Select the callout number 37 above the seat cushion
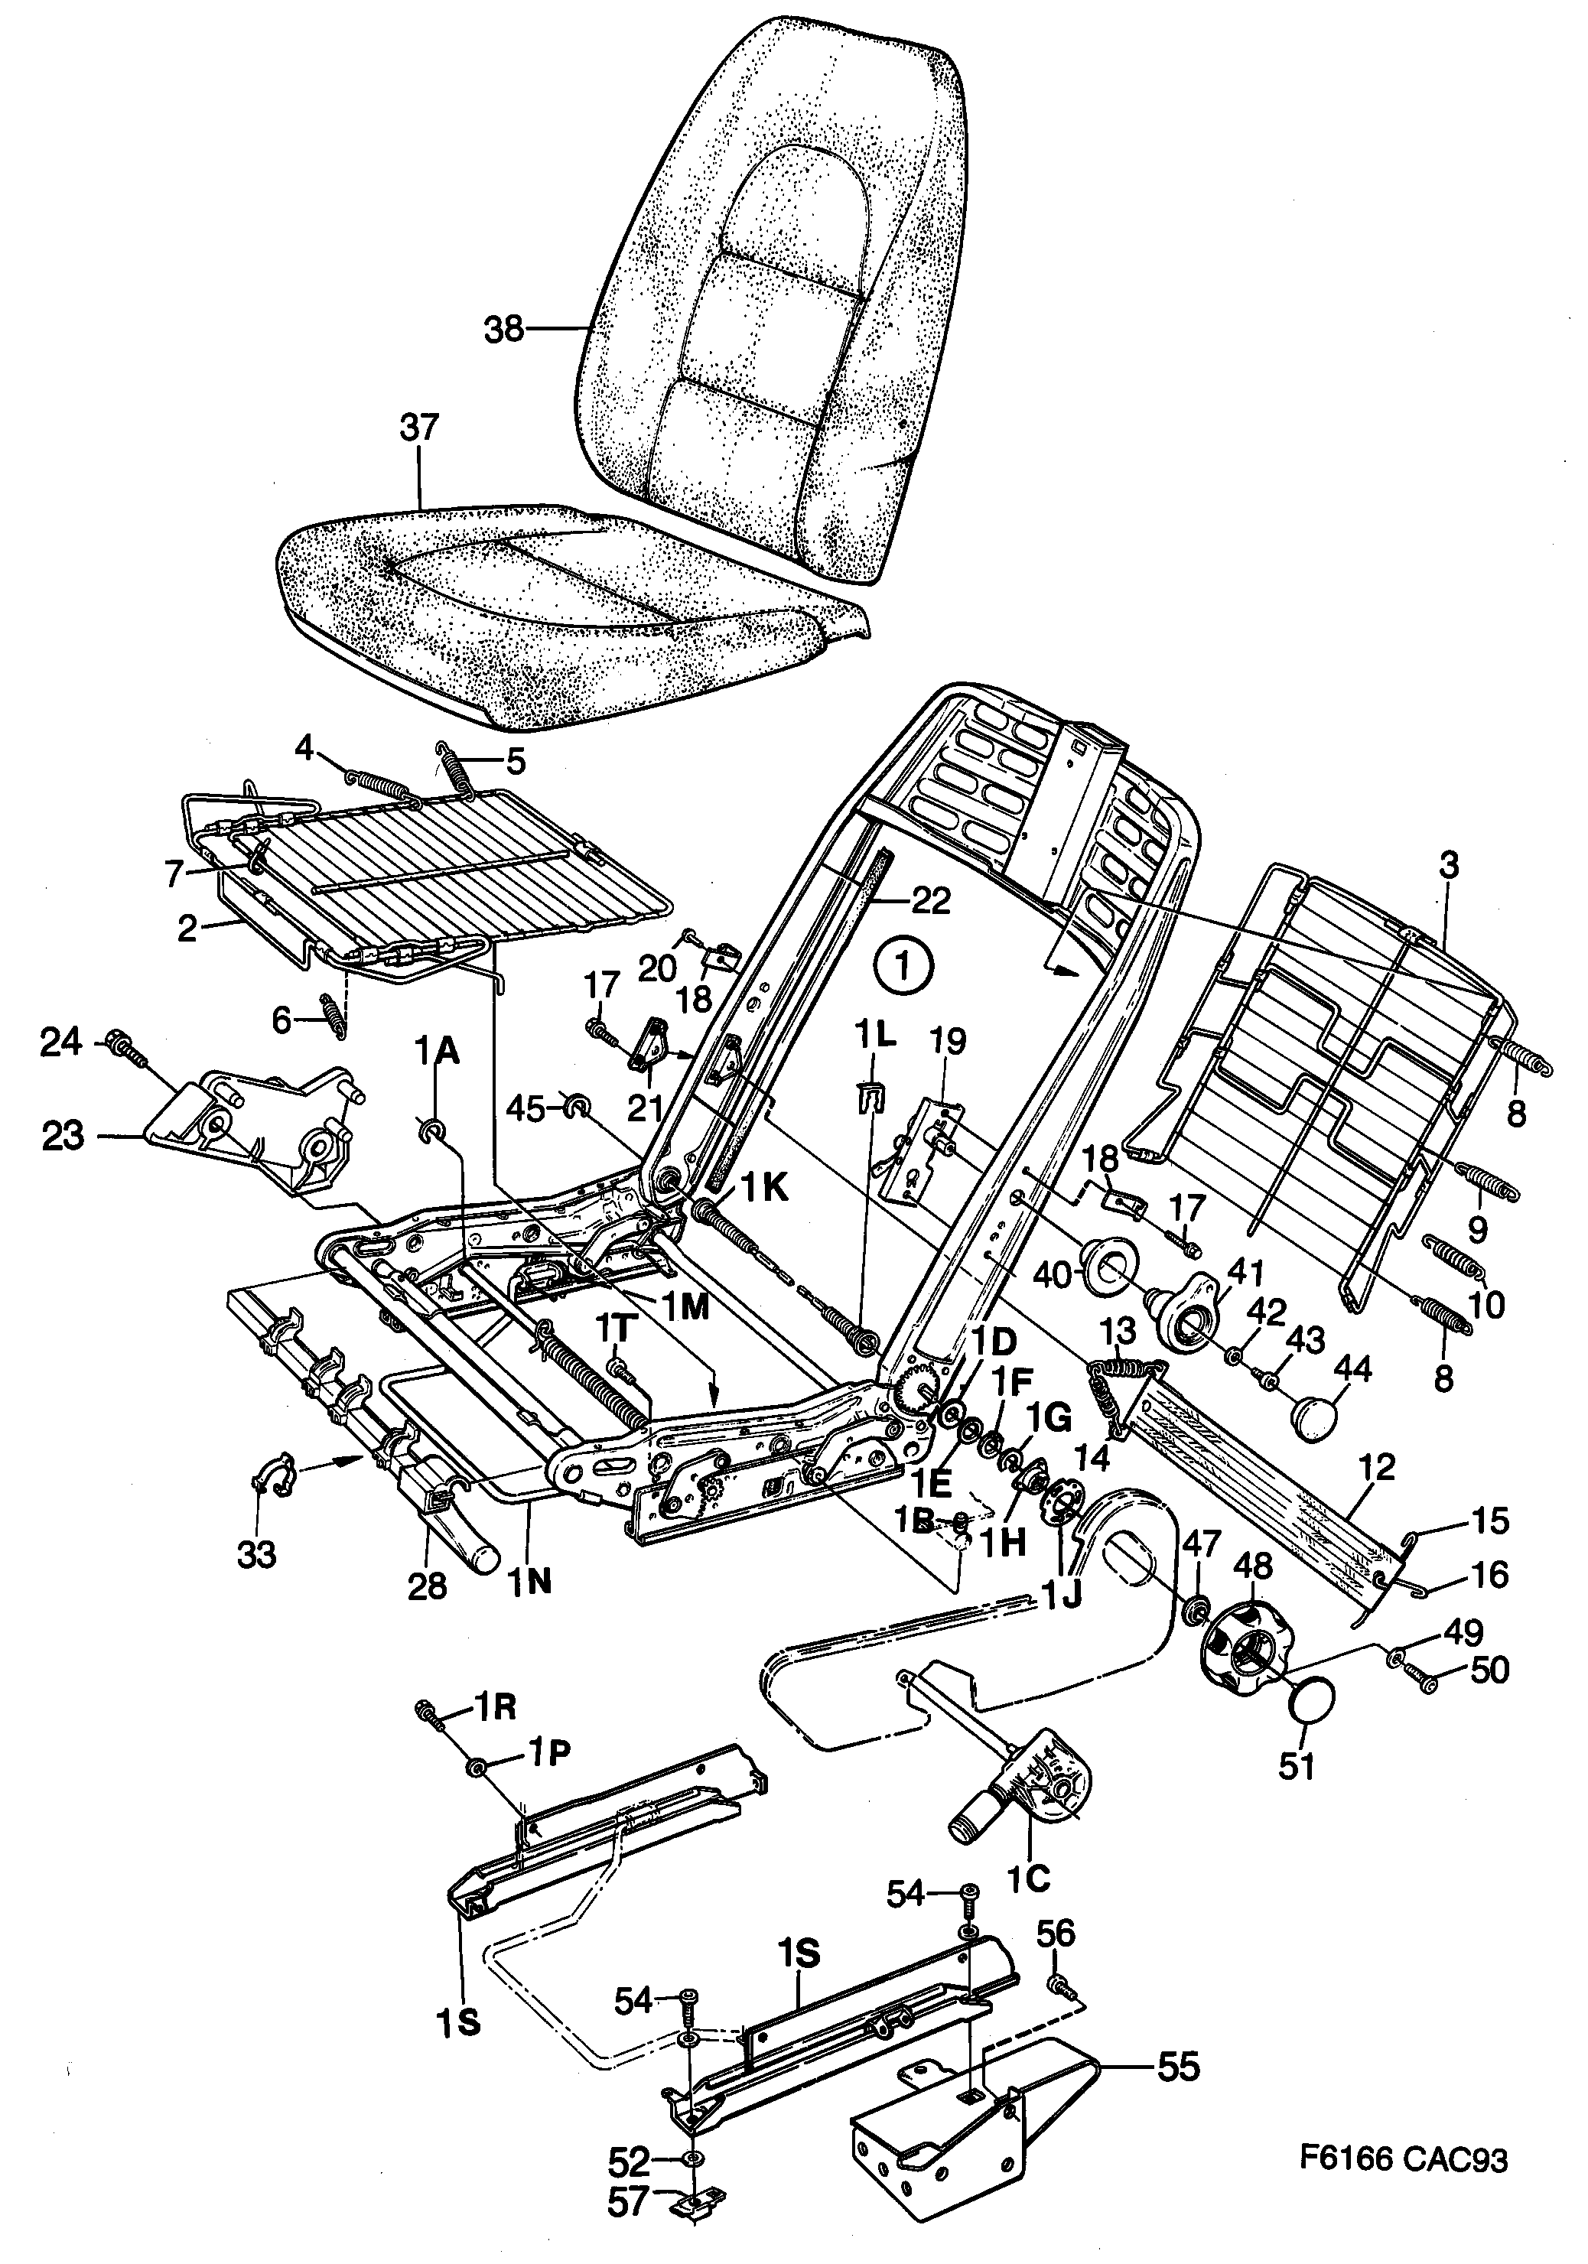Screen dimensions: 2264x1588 pyautogui.click(x=419, y=429)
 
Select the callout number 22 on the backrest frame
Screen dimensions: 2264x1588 pyautogui.click(x=930, y=899)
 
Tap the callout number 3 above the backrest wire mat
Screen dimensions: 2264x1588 pyautogui.click(x=1447, y=866)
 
